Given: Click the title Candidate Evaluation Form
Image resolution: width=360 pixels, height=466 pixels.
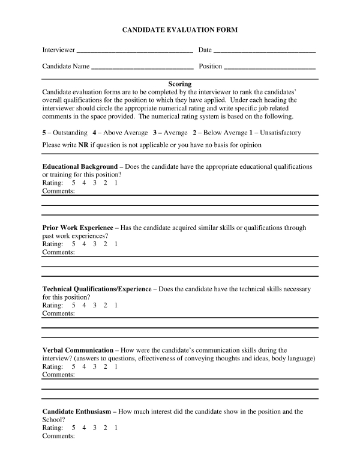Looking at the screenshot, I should pos(180,29).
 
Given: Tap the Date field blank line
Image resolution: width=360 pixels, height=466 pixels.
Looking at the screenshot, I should pos(264,51).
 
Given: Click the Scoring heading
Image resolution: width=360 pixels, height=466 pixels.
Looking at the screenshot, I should pos(180,84).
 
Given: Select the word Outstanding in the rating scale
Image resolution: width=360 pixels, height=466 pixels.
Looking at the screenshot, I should pos(68,133).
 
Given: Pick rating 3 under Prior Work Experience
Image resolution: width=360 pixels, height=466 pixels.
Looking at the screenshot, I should pos(95,244).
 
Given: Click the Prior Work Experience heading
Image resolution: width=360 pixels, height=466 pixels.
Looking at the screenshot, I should pos(77,228).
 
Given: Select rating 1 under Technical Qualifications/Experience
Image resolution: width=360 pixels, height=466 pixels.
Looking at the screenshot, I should pos(116,306).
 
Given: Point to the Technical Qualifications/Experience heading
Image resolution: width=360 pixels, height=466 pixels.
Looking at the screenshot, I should pos(97,289).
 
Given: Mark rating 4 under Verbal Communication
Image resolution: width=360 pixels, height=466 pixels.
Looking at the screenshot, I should pos(85,366).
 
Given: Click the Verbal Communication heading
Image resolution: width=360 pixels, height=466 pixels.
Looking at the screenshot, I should pos(77,350).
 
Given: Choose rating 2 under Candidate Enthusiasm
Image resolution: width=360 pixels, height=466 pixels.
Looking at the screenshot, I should pos(106,428).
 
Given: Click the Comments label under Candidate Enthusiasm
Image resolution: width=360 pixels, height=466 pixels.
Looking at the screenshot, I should pos(58,437).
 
